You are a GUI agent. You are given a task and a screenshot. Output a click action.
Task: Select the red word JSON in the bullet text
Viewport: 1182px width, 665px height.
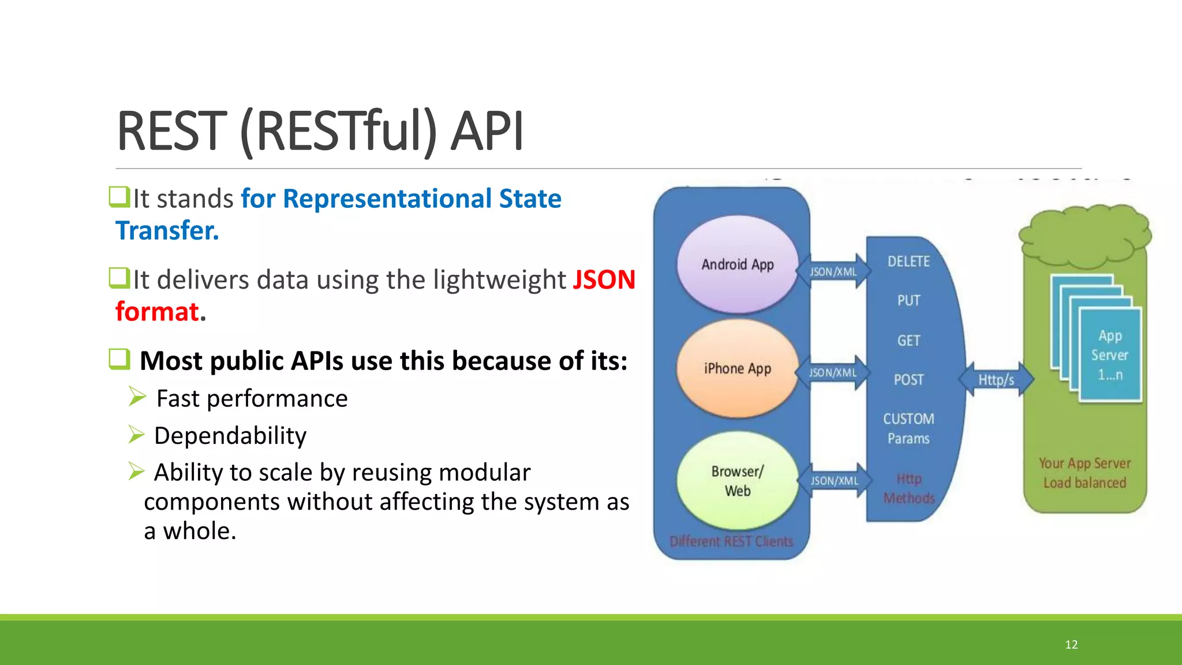click(x=604, y=280)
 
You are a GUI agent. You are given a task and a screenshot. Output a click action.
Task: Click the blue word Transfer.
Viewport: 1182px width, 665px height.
click(x=167, y=230)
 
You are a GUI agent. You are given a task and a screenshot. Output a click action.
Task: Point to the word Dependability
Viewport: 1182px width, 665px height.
click(x=230, y=436)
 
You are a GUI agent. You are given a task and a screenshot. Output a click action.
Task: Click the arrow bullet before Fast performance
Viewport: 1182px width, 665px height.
click(x=137, y=397)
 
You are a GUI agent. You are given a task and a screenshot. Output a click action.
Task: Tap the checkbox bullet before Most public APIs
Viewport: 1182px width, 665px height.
click(x=119, y=359)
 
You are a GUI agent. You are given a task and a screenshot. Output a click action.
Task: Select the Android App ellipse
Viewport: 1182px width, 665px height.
click(x=737, y=264)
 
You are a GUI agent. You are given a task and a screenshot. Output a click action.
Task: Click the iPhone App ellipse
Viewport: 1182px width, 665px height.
click(x=737, y=368)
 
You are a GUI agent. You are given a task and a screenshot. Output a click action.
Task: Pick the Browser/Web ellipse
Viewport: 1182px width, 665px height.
click(x=737, y=481)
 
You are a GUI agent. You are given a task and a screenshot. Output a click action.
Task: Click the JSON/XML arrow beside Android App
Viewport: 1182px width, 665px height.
click(x=833, y=271)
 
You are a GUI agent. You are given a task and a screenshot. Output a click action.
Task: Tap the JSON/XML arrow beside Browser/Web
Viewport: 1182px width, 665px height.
click(x=834, y=480)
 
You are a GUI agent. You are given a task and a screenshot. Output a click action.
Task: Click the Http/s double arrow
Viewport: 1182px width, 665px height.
click(x=996, y=379)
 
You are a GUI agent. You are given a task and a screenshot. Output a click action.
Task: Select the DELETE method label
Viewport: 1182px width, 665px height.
click(x=908, y=261)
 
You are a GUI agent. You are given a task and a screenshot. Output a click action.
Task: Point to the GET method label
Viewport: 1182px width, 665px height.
click(x=908, y=341)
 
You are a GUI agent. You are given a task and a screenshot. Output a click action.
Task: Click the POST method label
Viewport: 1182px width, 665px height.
click(x=908, y=380)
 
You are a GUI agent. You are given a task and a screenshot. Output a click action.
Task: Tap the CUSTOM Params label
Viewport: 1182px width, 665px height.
click(x=908, y=428)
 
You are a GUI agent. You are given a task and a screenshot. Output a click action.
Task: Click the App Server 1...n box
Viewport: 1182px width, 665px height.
click(x=1110, y=355)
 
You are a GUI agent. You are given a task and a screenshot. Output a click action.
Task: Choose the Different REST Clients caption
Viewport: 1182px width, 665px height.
click(x=731, y=541)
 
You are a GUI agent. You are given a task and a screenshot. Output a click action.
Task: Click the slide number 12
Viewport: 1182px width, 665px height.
click(x=1071, y=645)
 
